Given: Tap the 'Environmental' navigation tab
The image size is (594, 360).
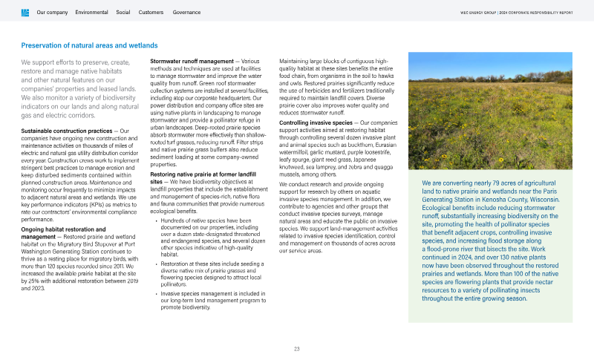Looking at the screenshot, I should (91, 13).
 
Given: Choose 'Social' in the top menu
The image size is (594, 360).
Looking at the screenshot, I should (123, 13).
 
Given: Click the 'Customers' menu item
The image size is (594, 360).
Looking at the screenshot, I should (151, 13).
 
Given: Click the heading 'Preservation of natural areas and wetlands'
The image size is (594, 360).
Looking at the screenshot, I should (89, 46).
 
